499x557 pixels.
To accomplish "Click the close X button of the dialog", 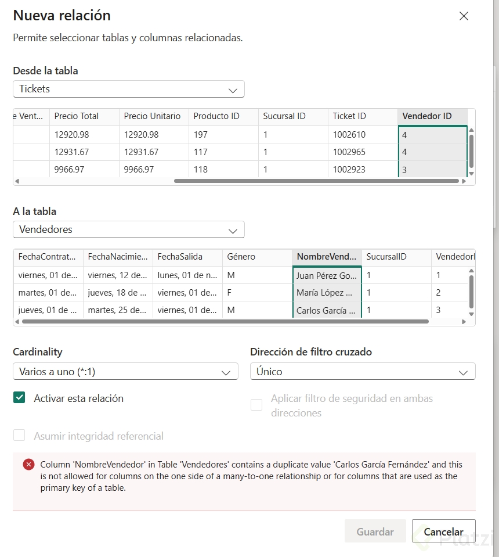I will pos(464,16).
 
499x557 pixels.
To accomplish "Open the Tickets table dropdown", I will pos(128,89).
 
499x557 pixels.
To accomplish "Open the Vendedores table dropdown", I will pos(128,229).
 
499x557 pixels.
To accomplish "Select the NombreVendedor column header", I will pos(327,257).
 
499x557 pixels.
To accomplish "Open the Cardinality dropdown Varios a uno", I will pos(125,372).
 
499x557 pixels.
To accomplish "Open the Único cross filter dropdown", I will pos(363,372).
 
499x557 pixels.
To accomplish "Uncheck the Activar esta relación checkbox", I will pos(20,398).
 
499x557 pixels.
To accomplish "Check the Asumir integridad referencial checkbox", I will pos(20,436).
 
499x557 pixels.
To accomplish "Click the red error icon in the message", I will pos(28,465).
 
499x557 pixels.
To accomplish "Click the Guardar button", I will pos(375,531).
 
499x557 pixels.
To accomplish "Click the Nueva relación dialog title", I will pos(62,15).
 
